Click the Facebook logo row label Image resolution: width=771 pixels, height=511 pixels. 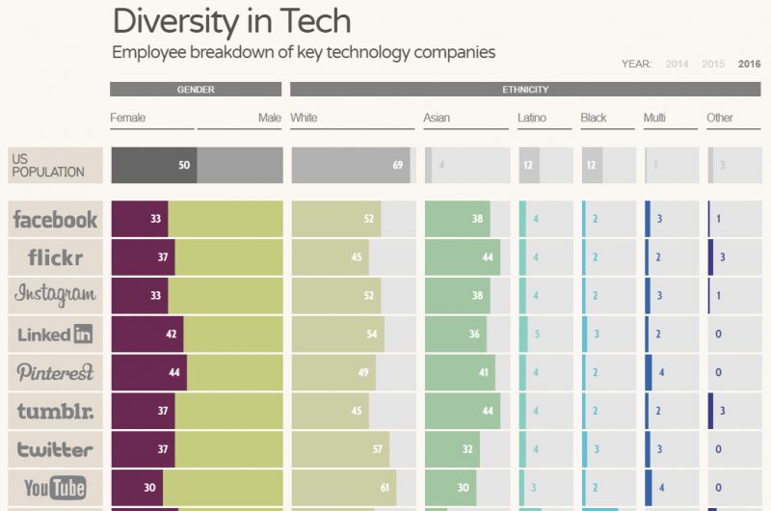click(x=55, y=220)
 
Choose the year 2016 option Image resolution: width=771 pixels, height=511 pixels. click(x=749, y=65)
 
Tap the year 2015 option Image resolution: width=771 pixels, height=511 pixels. click(x=713, y=65)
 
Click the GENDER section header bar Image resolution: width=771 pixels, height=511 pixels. click(x=196, y=90)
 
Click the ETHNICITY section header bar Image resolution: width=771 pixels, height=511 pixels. click(x=525, y=90)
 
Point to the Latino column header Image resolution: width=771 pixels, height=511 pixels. click(x=532, y=118)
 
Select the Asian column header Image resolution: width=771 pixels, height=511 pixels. click(x=437, y=118)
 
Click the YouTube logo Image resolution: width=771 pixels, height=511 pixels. click(x=55, y=488)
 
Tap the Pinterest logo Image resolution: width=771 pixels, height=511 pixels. click(x=55, y=372)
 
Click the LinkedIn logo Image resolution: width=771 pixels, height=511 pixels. click(x=55, y=335)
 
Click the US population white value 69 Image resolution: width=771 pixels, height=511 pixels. click(x=397, y=165)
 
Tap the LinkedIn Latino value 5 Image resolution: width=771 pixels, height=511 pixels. click(x=536, y=335)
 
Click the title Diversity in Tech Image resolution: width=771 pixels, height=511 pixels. click(x=231, y=20)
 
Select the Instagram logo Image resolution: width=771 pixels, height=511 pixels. click(x=55, y=295)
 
